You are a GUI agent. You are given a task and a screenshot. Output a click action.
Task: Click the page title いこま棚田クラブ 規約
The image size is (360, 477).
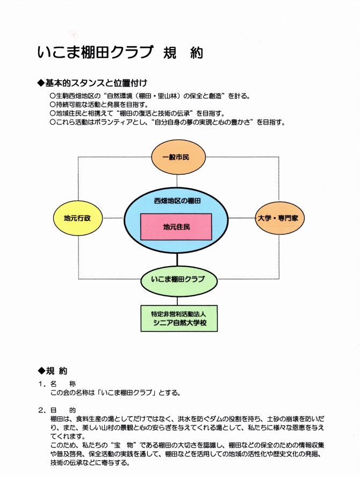pyautogui.click(x=120, y=52)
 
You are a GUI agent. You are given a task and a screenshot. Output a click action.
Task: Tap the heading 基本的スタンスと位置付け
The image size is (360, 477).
pyautogui.click(x=92, y=83)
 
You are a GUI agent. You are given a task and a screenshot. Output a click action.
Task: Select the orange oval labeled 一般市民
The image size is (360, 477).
pyautogui.click(x=178, y=157)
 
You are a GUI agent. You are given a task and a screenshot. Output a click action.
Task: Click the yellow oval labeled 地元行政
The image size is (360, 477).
pyautogui.click(x=78, y=218)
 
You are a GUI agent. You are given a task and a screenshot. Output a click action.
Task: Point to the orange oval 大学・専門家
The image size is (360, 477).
pyautogui.click(x=279, y=218)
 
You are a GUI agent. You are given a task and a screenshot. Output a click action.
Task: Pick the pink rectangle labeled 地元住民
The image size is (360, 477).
pyautogui.click(x=176, y=226)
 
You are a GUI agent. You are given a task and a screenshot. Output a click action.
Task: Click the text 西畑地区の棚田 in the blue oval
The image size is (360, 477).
pyautogui.click(x=177, y=201)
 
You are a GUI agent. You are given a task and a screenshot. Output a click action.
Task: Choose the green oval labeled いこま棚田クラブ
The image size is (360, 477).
pyautogui.click(x=179, y=281)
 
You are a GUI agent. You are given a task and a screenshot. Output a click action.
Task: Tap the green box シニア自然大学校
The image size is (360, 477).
pyautogui.click(x=179, y=318)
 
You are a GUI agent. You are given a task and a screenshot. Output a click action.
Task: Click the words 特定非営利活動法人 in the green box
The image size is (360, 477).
pyautogui.click(x=179, y=314)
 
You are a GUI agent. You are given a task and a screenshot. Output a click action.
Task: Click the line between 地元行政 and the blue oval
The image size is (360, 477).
pyautogui.click(x=113, y=218)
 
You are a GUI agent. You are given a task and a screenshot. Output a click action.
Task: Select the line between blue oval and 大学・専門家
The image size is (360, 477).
pyautogui.click(x=241, y=218)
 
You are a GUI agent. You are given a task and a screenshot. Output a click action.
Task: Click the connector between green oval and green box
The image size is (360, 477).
pyautogui.click(x=177, y=301)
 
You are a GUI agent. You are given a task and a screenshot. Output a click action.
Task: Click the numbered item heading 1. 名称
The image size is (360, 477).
pyautogui.click(x=57, y=384)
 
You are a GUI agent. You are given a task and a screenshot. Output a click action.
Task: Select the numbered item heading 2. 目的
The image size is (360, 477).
pyautogui.click(x=57, y=410)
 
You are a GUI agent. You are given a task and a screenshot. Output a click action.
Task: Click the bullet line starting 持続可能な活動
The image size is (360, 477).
pyautogui.click(x=99, y=105)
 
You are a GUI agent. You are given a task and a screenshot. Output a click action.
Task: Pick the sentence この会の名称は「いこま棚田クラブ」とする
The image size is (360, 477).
pyautogui.click(x=116, y=393)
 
